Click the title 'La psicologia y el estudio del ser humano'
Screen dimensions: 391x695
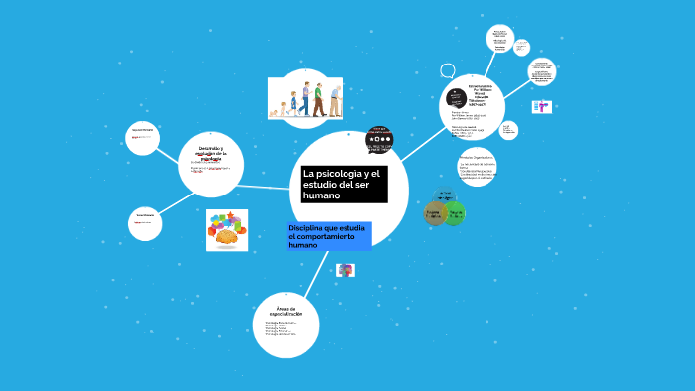342,187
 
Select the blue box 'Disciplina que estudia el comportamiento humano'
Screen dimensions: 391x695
328,236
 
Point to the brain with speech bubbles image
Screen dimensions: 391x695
226,230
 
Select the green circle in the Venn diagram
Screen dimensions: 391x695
454,213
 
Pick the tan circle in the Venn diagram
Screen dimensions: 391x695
434,213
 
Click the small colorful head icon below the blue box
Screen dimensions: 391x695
346,270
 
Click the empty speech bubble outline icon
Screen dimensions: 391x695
447,71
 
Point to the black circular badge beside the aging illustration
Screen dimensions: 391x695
379,139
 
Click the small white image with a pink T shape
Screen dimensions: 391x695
541,107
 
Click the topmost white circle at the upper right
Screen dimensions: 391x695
500,38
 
